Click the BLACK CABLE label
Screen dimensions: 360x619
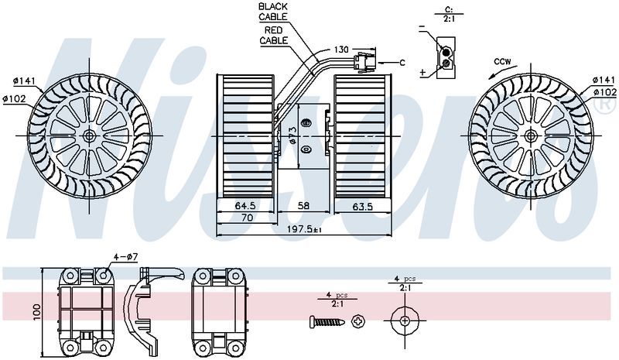(273, 10)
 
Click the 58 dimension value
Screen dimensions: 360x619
(305, 207)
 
